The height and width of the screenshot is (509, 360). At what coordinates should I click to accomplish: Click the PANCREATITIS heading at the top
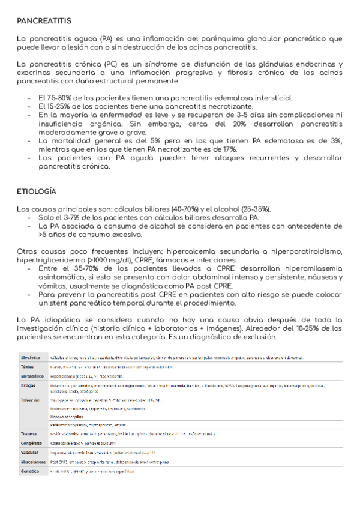pyautogui.click(x=44, y=21)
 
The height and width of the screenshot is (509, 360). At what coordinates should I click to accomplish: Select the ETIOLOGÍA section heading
pyautogui.click(x=37, y=191)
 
